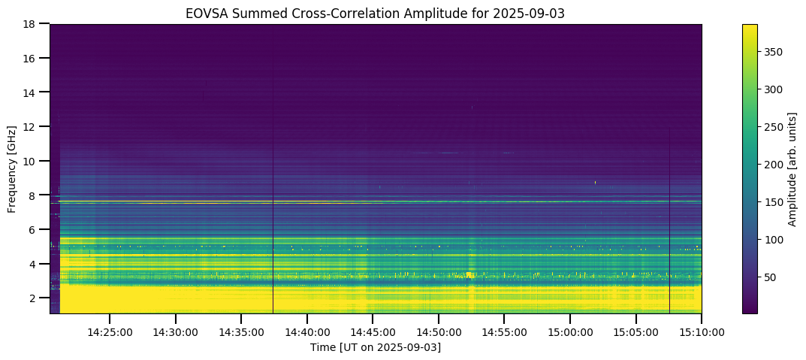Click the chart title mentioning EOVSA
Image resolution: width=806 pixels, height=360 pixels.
pyautogui.click(x=375, y=13)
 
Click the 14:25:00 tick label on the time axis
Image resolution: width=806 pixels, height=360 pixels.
pyautogui.click(x=110, y=331)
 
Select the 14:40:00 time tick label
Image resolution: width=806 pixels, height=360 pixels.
pyautogui.click(x=306, y=331)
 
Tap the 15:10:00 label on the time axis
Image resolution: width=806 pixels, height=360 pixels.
pyautogui.click(x=702, y=331)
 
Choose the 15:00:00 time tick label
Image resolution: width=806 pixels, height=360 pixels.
pyautogui.click(x=570, y=331)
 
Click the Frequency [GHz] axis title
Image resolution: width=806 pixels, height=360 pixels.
pyautogui.click(x=13, y=169)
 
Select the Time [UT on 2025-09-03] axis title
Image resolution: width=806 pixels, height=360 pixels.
pyautogui.click(x=375, y=347)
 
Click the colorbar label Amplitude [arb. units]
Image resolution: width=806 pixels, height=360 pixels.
pyautogui.click(x=792, y=169)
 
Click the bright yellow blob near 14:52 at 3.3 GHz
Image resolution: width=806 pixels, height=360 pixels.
pyautogui.click(x=469, y=275)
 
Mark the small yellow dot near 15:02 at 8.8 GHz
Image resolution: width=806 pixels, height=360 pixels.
pyautogui.click(x=596, y=182)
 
